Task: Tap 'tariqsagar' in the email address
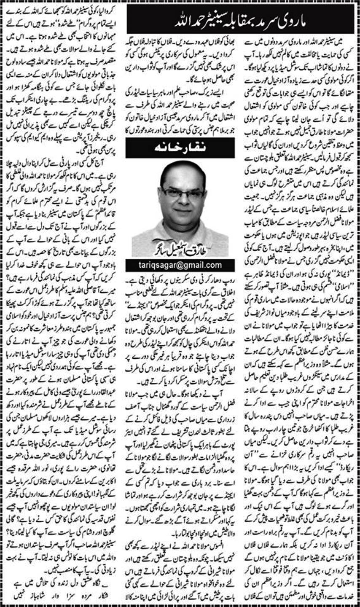pos(157,265)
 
